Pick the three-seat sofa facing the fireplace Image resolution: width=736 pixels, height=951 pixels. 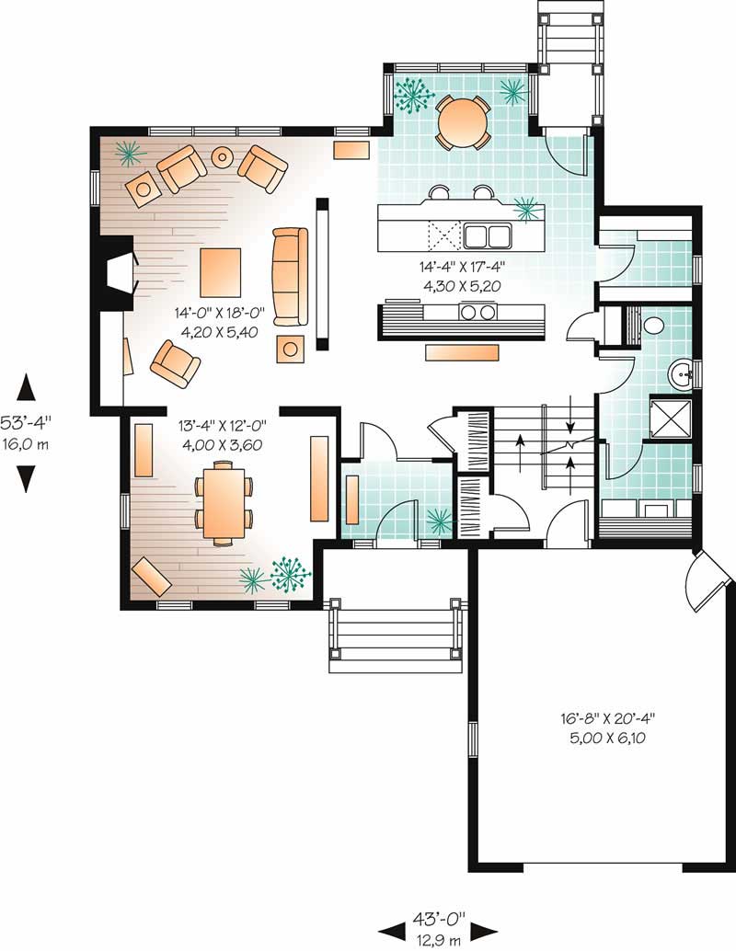pyautogui.click(x=290, y=276)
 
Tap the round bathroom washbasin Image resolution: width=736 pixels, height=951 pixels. pyautogui.click(x=682, y=373)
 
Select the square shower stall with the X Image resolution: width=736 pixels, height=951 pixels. pyautogui.click(x=673, y=418)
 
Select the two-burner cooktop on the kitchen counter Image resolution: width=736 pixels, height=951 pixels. pyautogui.click(x=476, y=313)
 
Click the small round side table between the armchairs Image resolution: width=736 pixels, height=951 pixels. pyautogui.click(x=223, y=157)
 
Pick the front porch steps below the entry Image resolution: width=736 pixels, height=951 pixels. pyautogui.click(x=393, y=636)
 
